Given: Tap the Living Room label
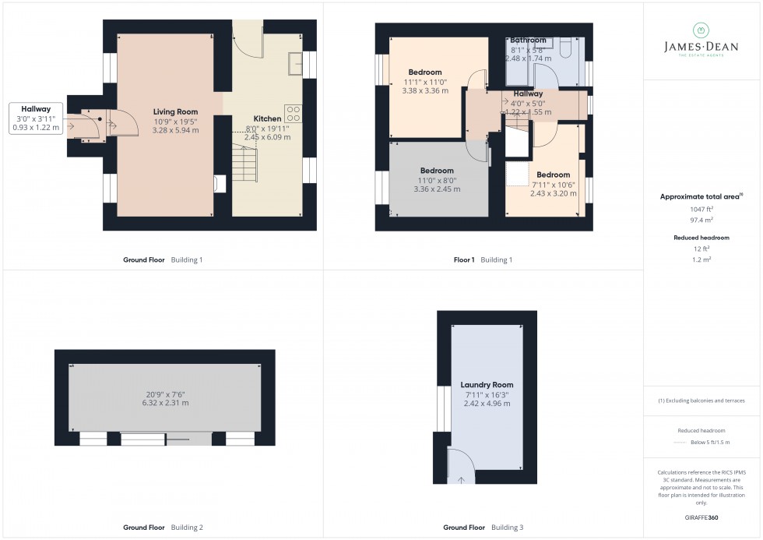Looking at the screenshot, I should click(x=175, y=112).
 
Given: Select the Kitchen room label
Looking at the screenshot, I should click(x=268, y=119).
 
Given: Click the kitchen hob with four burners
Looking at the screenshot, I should click(x=294, y=114).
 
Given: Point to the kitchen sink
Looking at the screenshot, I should click(x=295, y=63).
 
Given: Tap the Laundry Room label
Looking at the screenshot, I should click(x=487, y=385).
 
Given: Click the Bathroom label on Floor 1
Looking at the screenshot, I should click(x=528, y=41).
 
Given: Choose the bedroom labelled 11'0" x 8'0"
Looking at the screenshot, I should click(x=437, y=180).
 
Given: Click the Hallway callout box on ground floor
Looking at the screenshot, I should click(x=36, y=118).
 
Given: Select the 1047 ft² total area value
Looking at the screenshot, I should click(x=702, y=210).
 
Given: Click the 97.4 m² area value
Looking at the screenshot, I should click(x=702, y=221).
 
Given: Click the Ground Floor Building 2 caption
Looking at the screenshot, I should click(x=163, y=528).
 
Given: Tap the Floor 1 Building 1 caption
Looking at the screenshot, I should click(x=482, y=259).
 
